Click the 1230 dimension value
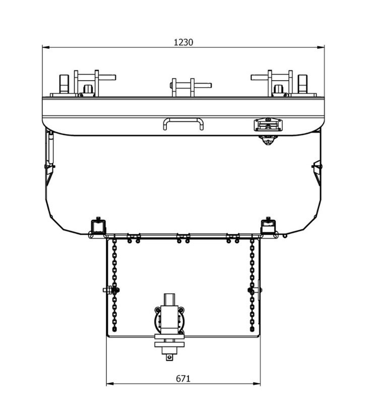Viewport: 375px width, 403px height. tap(183, 42)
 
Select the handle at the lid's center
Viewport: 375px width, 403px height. tap(182, 123)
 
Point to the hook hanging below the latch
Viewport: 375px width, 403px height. tap(268, 140)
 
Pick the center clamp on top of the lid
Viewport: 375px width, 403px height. tap(182, 87)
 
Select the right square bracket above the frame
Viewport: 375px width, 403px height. tap(268, 225)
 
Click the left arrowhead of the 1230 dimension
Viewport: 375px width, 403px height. tap(45, 48)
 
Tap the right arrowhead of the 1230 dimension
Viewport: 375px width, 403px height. tap(320, 48)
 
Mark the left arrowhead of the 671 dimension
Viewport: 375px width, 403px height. tap(109, 384)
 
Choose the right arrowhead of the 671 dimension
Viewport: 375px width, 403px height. tap(257, 384)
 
